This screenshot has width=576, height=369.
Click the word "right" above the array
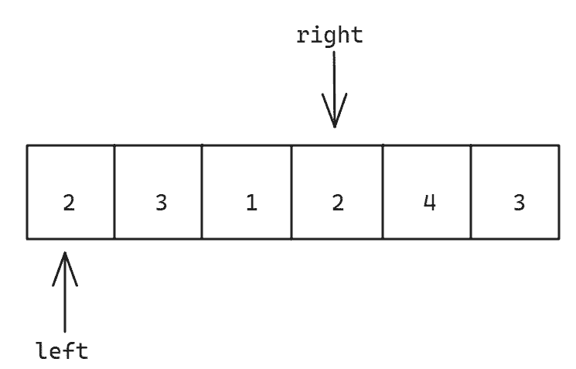click(x=329, y=36)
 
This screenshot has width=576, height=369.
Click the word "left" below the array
click(x=62, y=350)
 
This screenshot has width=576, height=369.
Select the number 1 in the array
click(x=251, y=203)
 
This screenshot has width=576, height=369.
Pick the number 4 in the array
click(x=430, y=202)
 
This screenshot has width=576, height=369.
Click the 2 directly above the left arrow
click(x=69, y=203)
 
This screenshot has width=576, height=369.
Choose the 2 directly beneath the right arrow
click(x=338, y=203)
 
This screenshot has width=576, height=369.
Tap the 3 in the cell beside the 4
click(x=519, y=203)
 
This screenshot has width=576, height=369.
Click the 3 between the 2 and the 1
click(x=162, y=203)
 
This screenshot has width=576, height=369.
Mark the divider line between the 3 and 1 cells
click(x=202, y=192)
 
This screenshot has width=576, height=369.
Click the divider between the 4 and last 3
click(x=471, y=192)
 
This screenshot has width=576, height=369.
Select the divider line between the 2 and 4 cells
click(x=383, y=192)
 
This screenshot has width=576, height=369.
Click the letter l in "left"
click(x=43, y=350)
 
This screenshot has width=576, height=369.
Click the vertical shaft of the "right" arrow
click(x=334, y=89)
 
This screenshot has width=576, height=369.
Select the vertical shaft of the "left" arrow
click(x=65, y=292)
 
